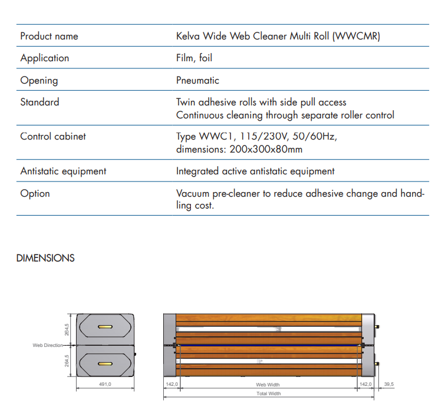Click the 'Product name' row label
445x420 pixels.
pyautogui.click(x=49, y=36)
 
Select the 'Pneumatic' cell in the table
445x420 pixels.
pyautogui.click(x=197, y=80)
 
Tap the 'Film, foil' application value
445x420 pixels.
pyautogui.click(x=194, y=58)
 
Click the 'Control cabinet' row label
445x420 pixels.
pyautogui.click(x=53, y=136)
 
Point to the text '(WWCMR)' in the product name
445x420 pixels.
pyautogui.click(x=357, y=36)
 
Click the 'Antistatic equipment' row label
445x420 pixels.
pyautogui.click(x=63, y=171)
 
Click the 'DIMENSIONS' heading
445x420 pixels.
pyautogui.click(x=45, y=258)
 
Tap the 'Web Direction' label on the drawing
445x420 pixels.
pyautogui.click(x=48, y=345)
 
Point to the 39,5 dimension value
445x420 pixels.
pyautogui.click(x=389, y=384)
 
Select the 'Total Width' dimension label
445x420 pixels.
pyautogui.click(x=268, y=393)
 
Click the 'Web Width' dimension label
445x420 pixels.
pyautogui.click(x=268, y=384)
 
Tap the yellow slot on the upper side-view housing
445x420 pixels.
pyautogui.click(x=106, y=326)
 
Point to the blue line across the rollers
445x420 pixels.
pyautogui.click(x=268, y=345)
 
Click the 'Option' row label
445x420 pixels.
pyautogui.click(x=35, y=193)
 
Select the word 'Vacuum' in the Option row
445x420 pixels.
pyautogui.click(x=192, y=193)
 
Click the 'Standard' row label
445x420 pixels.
pyautogui.click(x=39, y=102)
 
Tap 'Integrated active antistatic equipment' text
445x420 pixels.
pyautogui.click(x=255, y=171)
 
